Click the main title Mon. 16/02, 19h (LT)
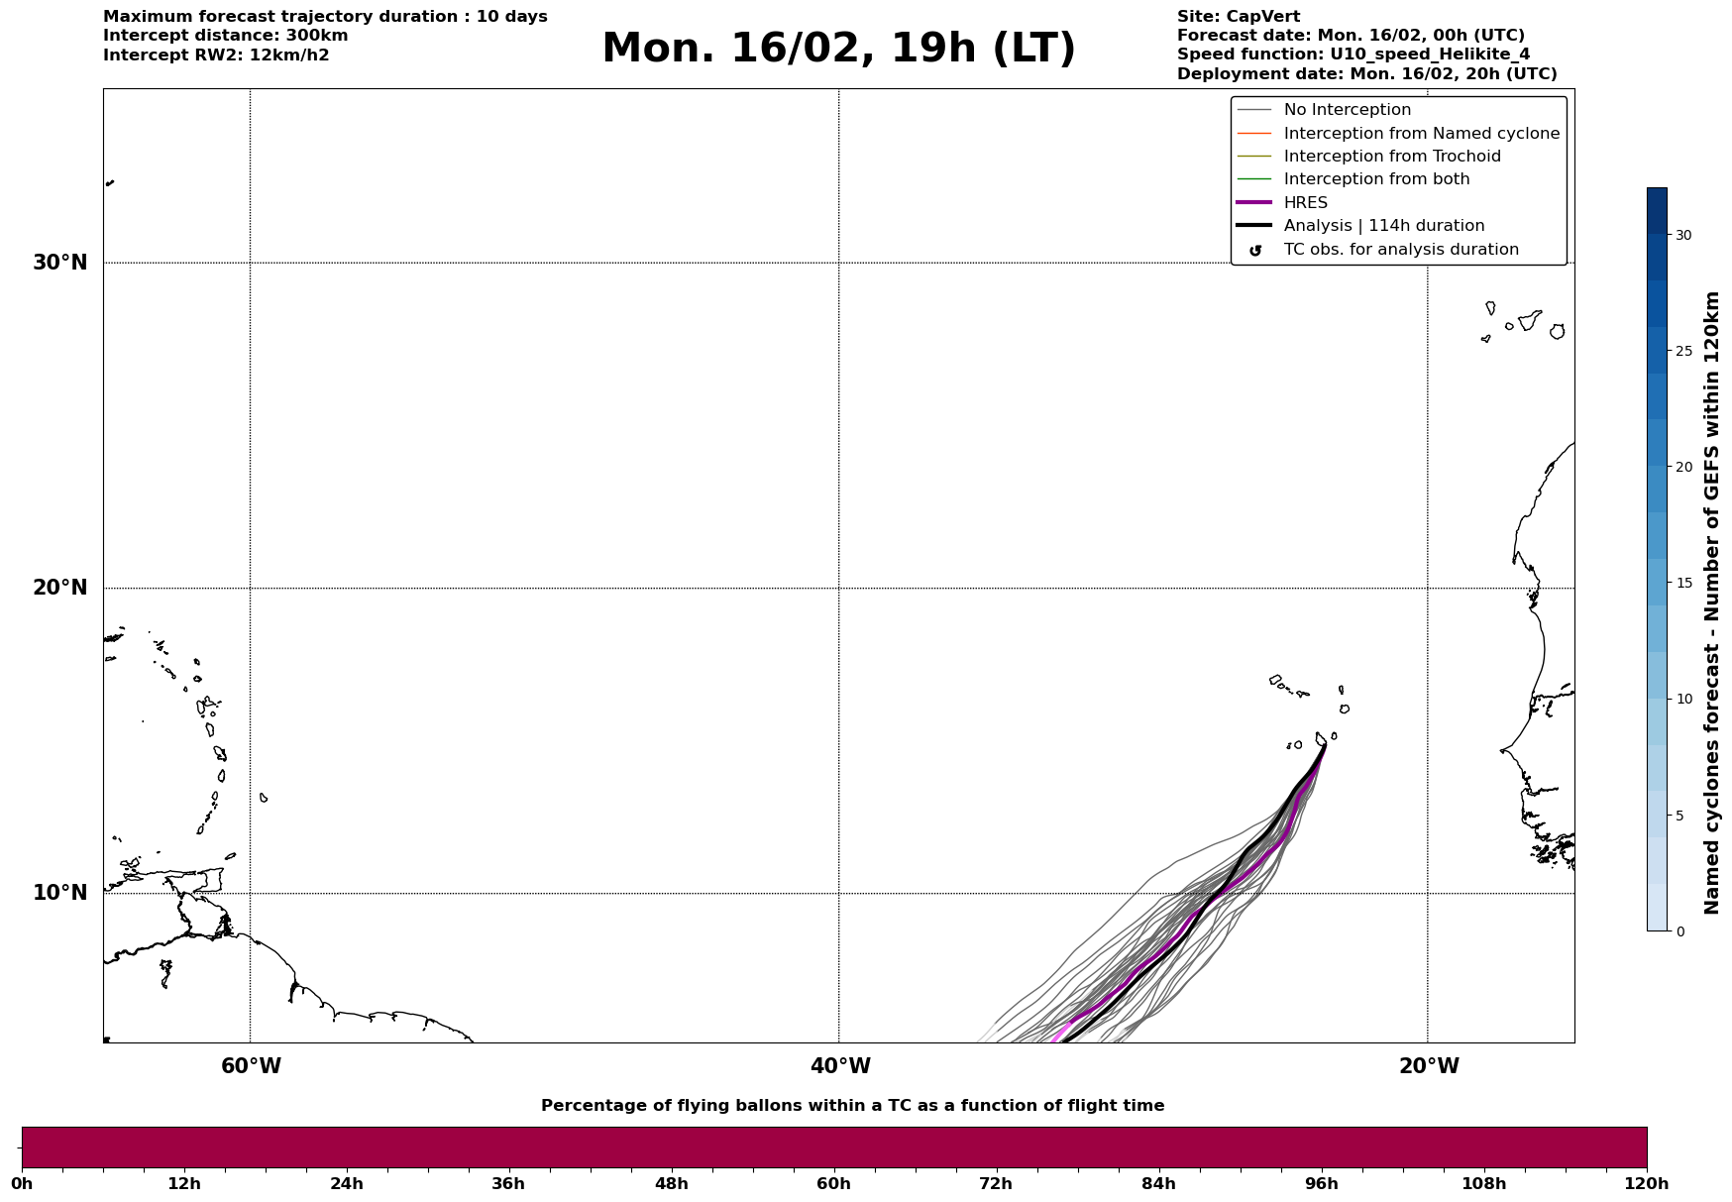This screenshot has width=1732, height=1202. (838, 49)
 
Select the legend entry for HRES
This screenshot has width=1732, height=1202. (1305, 203)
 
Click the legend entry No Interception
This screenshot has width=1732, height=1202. (1347, 110)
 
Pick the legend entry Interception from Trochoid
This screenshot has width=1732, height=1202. (1391, 157)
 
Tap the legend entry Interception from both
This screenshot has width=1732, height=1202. (1376, 179)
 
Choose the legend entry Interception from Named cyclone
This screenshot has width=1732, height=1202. (1421, 134)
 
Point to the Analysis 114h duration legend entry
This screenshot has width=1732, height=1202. (1383, 226)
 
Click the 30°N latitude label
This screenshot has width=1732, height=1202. (60, 263)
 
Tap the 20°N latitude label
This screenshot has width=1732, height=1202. (60, 588)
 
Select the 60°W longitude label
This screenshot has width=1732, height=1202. (251, 1066)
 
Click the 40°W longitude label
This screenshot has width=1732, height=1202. (840, 1066)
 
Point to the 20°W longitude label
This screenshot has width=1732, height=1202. (1429, 1066)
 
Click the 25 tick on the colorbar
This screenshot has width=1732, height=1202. (1683, 351)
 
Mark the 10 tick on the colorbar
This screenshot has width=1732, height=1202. (1683, 699)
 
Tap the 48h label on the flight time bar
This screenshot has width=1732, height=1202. (671, 1184)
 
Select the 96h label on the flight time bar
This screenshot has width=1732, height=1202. (1321, 1184)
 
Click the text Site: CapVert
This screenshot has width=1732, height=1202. (1238, 17)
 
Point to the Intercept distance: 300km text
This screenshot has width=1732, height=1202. (225, 36)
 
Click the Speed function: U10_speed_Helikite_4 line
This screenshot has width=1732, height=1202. (1353, 55)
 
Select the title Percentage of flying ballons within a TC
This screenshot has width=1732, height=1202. (852, 1106)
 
